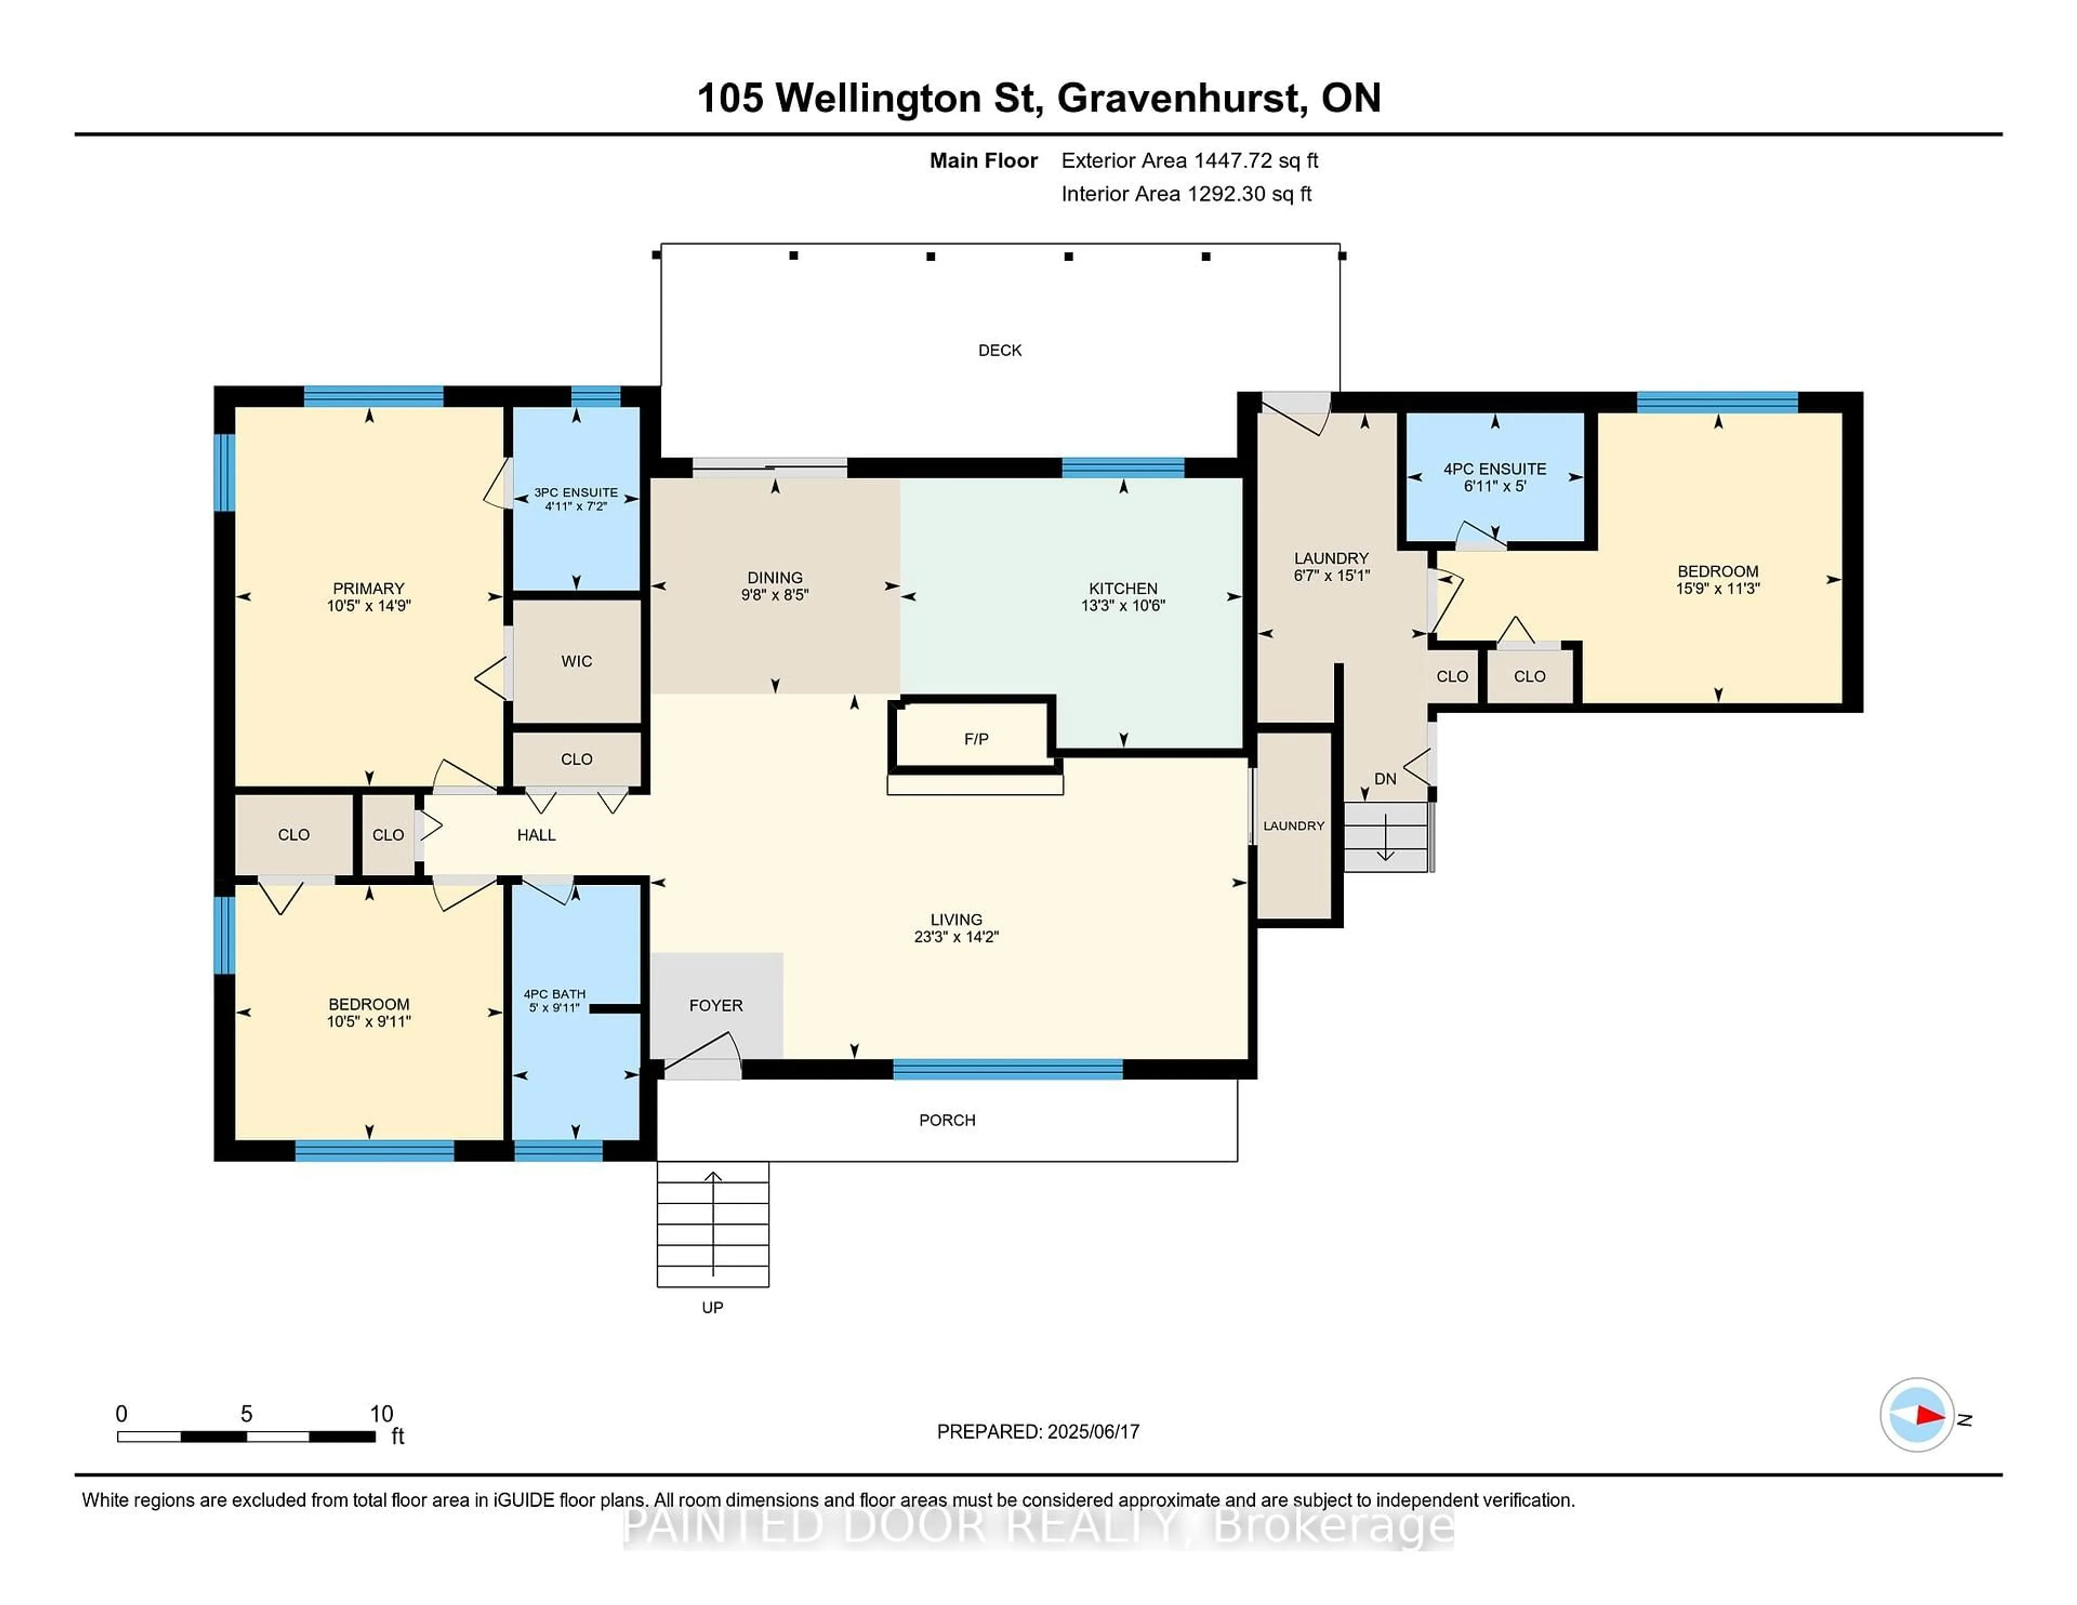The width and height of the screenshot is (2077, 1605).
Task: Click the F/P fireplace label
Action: pyautogui.click(x=976, y=739)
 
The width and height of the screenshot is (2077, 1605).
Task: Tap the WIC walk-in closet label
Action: pyautogui.click(x=576, y=661)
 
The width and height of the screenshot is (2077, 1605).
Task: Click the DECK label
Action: pyautogui.click(x=1000, y=350)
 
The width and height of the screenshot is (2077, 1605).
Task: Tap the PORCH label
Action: pyautogui.click(x=947, y=1120)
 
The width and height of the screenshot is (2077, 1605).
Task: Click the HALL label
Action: pyautogui.click(x=537, y=835)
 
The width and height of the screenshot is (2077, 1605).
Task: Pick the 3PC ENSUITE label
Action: pyautogui.click(x=576, y=493)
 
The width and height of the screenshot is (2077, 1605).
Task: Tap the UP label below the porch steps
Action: pyautogui.click(x=712, y=1308)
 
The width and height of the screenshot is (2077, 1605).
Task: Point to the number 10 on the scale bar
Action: pyautogui.click(x=381, y=1414)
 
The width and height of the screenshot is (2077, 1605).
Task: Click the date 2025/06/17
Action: pyautogui.click(x=1093, y=1432)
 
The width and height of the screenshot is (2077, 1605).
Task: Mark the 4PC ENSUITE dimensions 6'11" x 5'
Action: pyautogui.click(x=1495, y=486)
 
